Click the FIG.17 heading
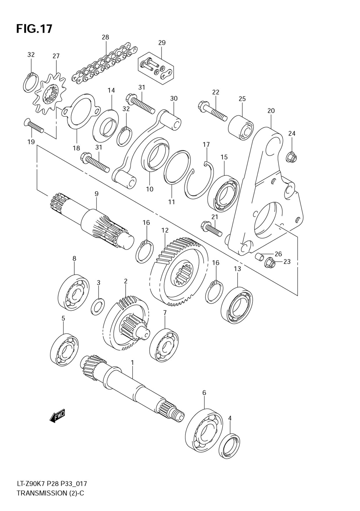pos(34,29)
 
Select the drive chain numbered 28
pos(104,64)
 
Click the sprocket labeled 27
pos(50,95)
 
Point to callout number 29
pos(162,43)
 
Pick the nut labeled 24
pos(292,157)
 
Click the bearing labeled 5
pos(65,349)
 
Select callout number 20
pos(271,111)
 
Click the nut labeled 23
pos(269,264)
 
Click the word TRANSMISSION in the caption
pos(42,493)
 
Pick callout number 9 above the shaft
pos(96,194)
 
